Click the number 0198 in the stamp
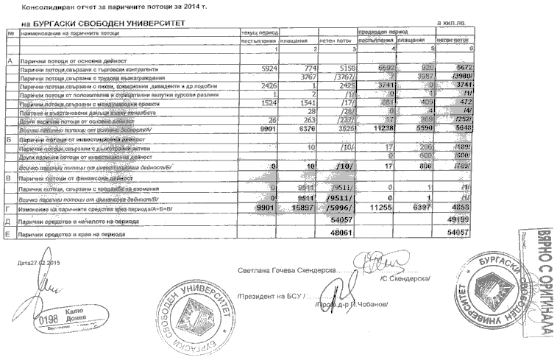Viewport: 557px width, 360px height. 47,321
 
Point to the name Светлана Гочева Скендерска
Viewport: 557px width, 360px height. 285,269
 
